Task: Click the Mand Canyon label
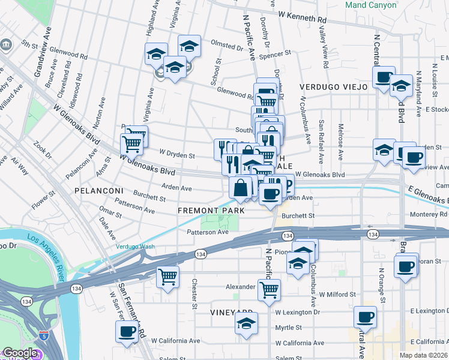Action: [x=371, y=5]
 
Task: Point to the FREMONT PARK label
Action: [x=211, y=211]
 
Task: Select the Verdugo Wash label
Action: [x=135, y=246]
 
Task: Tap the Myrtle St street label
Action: [x=288, y=328]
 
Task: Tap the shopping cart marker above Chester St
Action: [x=167, y=277]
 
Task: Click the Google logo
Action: [x=20, y=353]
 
